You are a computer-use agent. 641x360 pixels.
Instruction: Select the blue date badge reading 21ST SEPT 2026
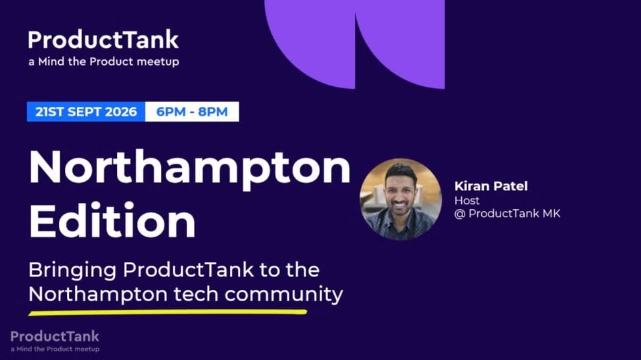(x=86, y=112)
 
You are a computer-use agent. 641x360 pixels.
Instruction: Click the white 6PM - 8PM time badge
(x=192, y=112)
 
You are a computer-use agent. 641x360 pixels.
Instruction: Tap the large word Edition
(x=112, y=220)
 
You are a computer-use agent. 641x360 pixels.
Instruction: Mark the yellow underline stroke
(x=168, y=313)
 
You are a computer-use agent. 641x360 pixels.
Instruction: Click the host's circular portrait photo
(x=400, y=199)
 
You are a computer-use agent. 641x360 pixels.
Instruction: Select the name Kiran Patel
(x=491, y=186)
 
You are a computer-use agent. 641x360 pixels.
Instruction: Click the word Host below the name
(x=467, y=200)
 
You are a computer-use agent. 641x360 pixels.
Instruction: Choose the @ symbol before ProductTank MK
(x=460, y=214)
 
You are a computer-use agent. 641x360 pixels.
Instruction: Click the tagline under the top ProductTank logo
(x=104, y=61)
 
